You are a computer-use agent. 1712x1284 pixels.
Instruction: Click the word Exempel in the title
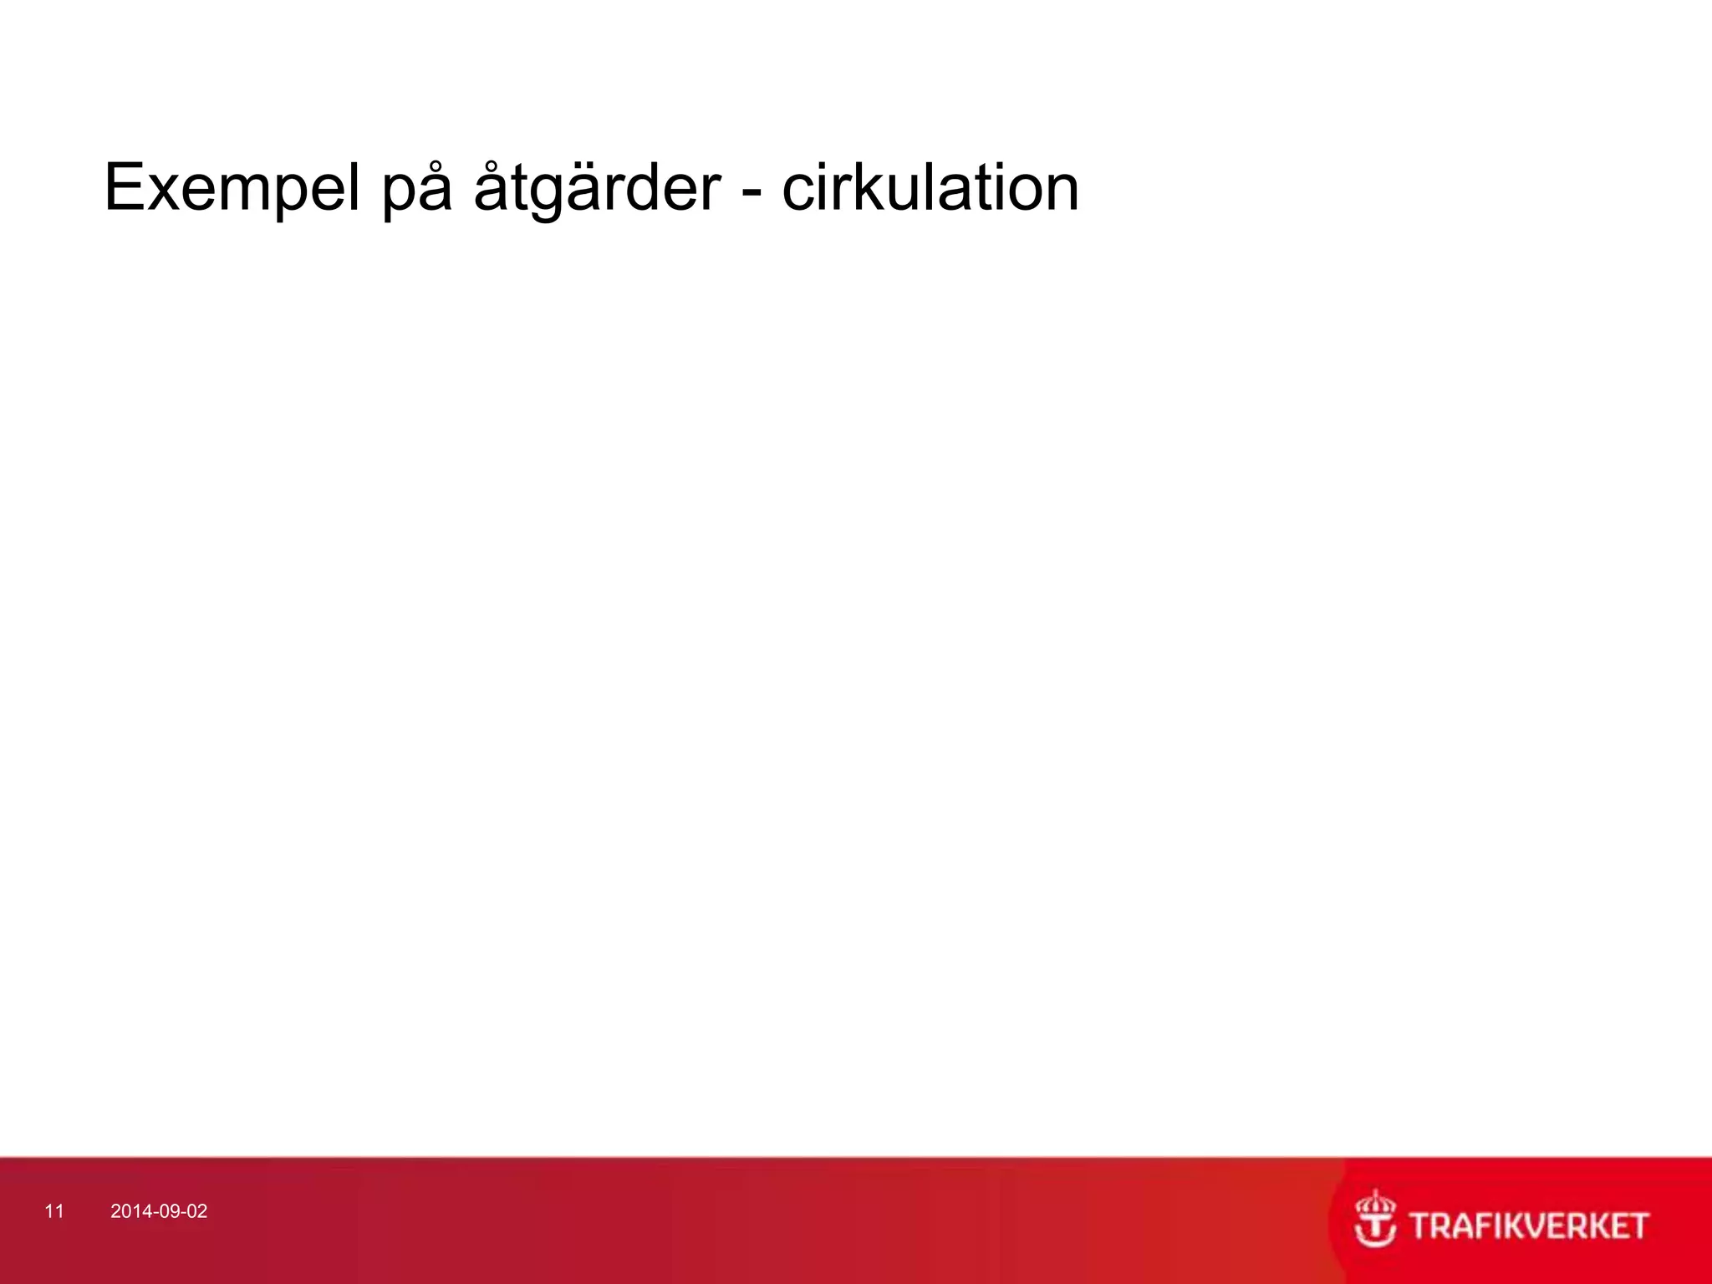click(x=232, y=188)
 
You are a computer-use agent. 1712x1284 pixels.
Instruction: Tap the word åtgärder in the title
click(x=596, y=188)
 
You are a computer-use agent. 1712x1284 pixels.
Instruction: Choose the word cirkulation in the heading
click(x=930, y=188)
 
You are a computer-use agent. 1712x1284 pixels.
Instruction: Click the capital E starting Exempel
click(x=125, y=188)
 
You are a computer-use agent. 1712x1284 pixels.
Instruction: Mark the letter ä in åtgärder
click(x=582, y=191)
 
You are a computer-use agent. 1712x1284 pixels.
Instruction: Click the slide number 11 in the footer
click(x=54, y=1211)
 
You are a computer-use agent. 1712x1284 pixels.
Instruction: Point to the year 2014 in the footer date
click(x=130, y=1211)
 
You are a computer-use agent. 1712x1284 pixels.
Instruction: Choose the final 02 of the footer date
click(x=196, y=1211)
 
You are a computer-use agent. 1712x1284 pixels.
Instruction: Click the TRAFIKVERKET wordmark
click(x=1529, y=1226)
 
